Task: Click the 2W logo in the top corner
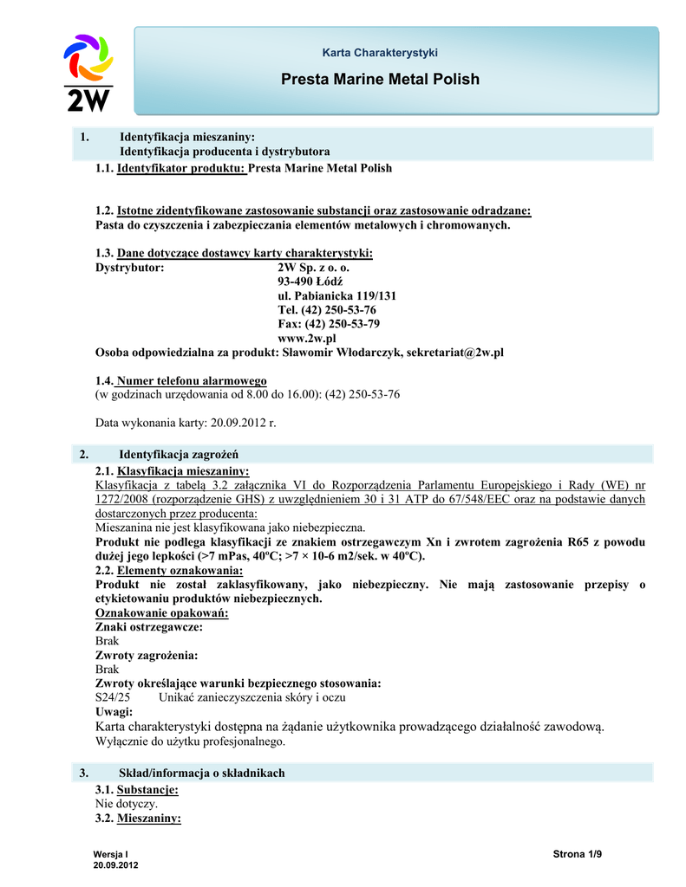(88, 72)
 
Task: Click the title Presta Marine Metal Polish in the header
(380, 80)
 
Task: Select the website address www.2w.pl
(306, 338)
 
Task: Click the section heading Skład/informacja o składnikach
(201, 773)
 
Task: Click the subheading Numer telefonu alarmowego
(192, 380)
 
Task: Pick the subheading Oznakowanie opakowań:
(161, 613)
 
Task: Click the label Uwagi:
(114, 711)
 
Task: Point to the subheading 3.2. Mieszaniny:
(138, 818)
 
